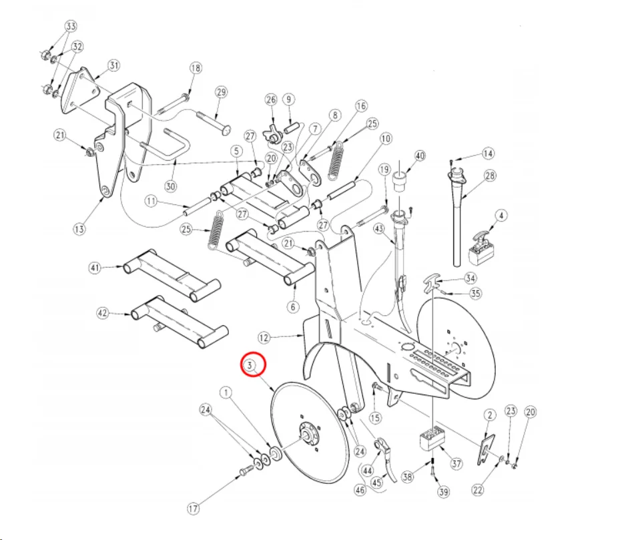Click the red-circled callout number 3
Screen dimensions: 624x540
click(x=250, y=365)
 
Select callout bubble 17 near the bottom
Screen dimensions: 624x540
click(x=193, y=508)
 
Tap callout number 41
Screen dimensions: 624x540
click(x=94, y=268)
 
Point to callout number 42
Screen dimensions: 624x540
click(x=103, y=313)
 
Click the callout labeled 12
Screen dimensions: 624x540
click(x=264, y=338)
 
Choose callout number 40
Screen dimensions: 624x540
click(x=420, y=156)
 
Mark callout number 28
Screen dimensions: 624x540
click(x=489, y=176)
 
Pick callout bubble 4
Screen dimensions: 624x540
click(x=501, y=216)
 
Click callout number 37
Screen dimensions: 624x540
click(x=456, y=463)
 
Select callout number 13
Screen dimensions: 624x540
click(x=79, y=229)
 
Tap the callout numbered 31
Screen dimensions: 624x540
click(x=114, y=65)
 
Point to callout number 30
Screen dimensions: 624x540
click(x=170, y=186)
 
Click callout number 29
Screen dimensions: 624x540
click(x=222, y=92)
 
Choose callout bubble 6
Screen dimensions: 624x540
click(x=293, y=307)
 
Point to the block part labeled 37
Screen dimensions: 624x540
click(x=431, y=438)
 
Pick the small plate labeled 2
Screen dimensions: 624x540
click(x=486, y=449)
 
